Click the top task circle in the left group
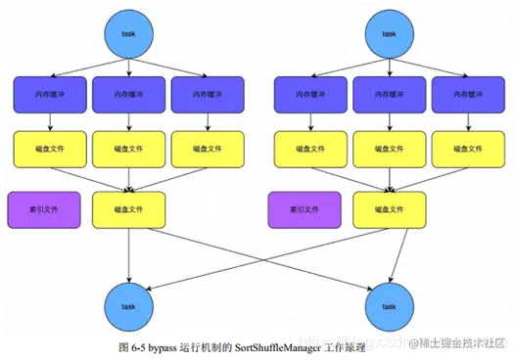pyautogui.click(x=129, y=32)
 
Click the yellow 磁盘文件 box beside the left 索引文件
pyautogui.click(x=129, y=209)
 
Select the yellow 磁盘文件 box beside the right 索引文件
pyautogui.click(x=390, y=209)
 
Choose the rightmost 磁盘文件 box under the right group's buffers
pyautogui.click(x=468, y=149)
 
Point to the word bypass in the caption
pyautogui.click(x=163, y=347)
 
